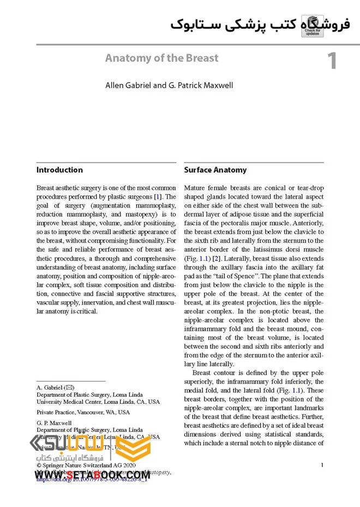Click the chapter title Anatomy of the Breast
click(161, 58)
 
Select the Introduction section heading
click(59, 170)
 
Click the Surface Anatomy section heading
click(215, 170)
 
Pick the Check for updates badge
click(312, 26)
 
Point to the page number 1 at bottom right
click(322, 465)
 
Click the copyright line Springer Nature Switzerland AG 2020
click(90, 465)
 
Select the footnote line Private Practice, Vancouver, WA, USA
click(83, 413)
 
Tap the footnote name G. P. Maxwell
click(52, 422)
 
